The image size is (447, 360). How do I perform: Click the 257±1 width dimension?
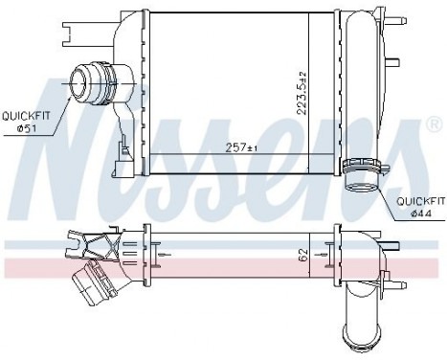[239, 147]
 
